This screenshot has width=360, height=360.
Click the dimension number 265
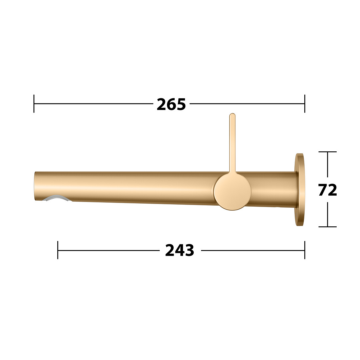(171, 104)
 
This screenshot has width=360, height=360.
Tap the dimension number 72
(328, 190)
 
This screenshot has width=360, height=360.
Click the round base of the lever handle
(232, 191)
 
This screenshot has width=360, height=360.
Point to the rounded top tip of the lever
(232, 114)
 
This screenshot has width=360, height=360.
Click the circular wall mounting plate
(300, 190)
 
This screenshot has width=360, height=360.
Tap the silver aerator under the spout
(57, 198)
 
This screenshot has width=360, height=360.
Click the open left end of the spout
(35, 186)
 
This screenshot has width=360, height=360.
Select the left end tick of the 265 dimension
(34, 104)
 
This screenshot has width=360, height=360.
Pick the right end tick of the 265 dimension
(305, 104)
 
